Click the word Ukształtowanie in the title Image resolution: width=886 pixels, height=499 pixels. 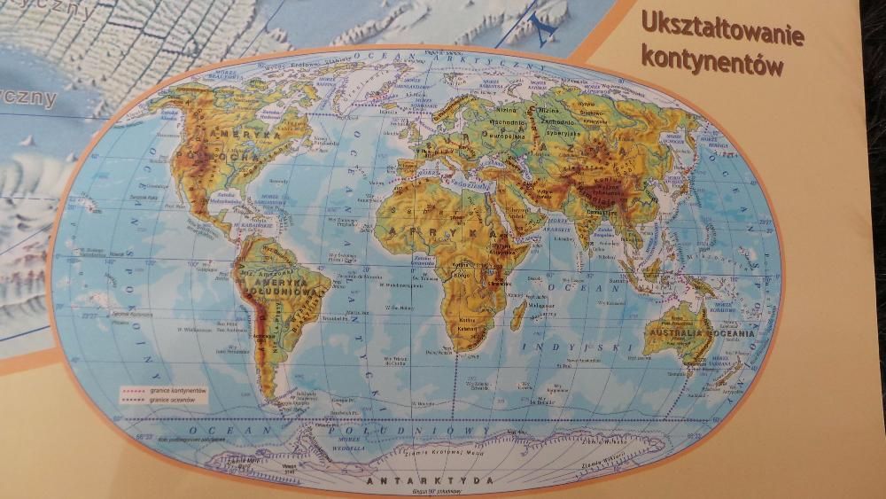coord(721,29)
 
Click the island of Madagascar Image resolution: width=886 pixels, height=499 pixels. coord(519,312)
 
